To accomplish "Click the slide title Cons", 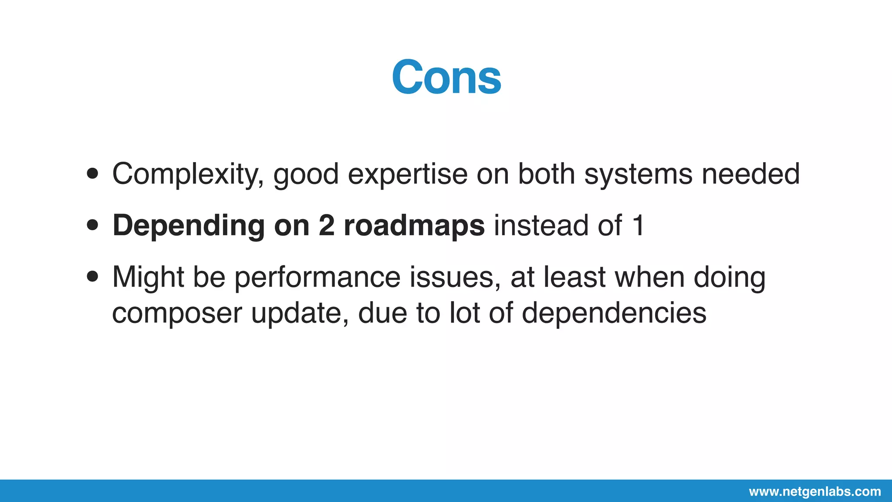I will point(446,78).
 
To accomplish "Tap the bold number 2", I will point(327,226).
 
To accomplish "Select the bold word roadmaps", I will point(414,226).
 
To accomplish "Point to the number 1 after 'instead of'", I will point(638,226).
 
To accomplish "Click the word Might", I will point(148,277).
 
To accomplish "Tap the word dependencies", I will point(614,313).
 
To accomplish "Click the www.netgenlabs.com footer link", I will point(815,492).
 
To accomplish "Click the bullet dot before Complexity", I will point(92,174).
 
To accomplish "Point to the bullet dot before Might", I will point(92,277).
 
